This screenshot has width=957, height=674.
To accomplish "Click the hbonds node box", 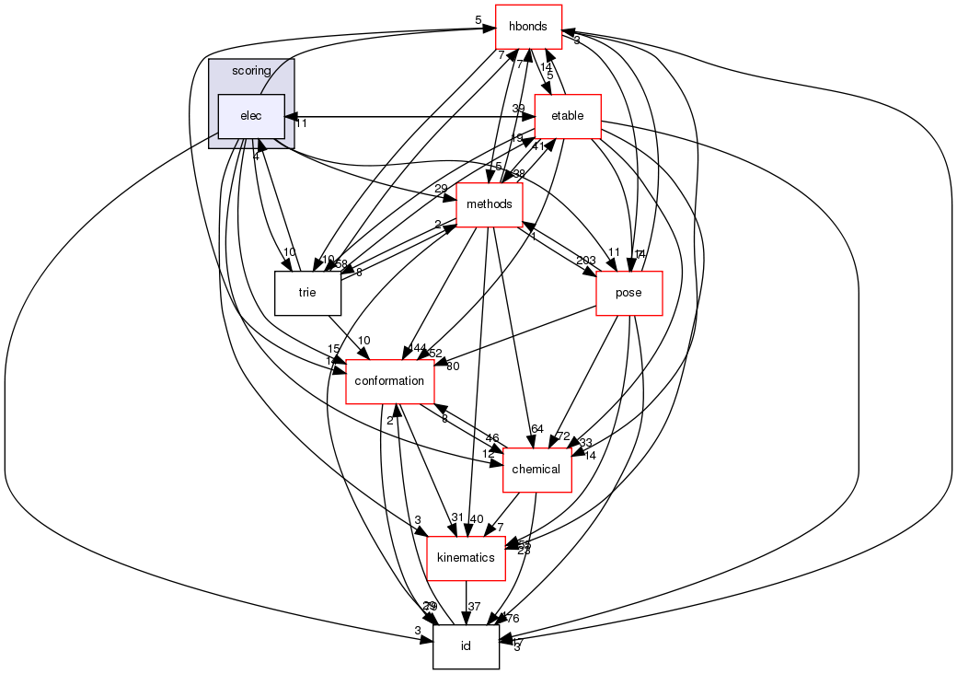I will click(528, 28).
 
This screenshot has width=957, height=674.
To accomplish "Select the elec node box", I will click(250, 116).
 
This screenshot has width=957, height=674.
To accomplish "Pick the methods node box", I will click(490, 204).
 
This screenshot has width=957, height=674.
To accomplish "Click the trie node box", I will click(307, 294).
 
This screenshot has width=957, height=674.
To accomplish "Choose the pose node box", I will click(629, 294).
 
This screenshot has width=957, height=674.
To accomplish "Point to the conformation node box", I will click(389, 381).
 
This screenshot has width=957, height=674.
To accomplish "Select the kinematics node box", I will click(467, 558).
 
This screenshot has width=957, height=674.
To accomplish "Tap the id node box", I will click(467, 646).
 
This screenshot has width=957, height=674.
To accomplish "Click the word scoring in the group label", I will click(251, 71).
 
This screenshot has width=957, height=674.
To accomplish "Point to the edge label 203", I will click(585, 261).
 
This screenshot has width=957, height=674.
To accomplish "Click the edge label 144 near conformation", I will click(416, 349).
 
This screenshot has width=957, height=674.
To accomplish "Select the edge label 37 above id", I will click(475, 606).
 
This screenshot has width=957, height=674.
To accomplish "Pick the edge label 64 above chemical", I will click(537, 429).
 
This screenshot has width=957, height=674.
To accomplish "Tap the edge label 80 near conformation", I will click(453, 366).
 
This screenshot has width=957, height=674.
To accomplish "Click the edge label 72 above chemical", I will click(564, 436).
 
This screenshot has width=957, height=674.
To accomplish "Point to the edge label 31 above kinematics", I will click(457, 517).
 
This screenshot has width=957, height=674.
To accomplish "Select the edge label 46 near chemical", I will click(492, 438).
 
